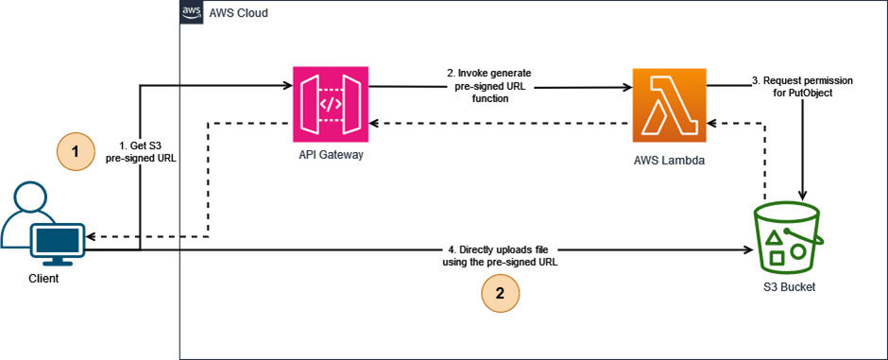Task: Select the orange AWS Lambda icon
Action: tap(669, 104)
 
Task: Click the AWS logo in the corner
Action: tap(193, 12)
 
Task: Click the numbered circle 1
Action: tap(76, 149)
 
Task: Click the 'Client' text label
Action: tap(43, 279)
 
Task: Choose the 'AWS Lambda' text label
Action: tap(669, 161)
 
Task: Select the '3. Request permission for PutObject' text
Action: tap(803, 87)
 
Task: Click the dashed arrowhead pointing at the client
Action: tap(92, 235)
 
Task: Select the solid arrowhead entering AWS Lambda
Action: tap(627, 87)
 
